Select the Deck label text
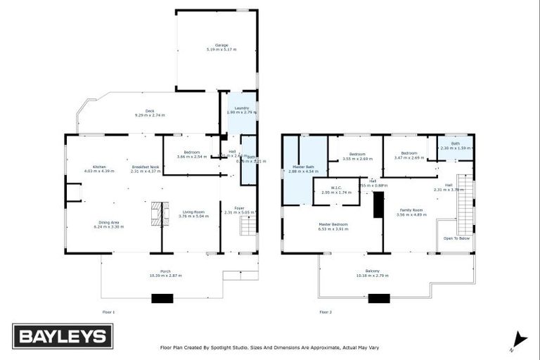coord(150,110)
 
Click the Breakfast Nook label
coord(145,167)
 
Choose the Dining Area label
coord(108,223)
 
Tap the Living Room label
coord(193,212)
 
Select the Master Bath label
coord(303,167)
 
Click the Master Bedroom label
coord(333,224)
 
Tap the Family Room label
coord(411,210)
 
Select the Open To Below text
coord(456,238)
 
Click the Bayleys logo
coord(63,336)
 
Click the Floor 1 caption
coord(108,311)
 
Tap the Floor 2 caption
coord(325,311)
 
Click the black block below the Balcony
coord(379,298)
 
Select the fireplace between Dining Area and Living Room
coord(159,213)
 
